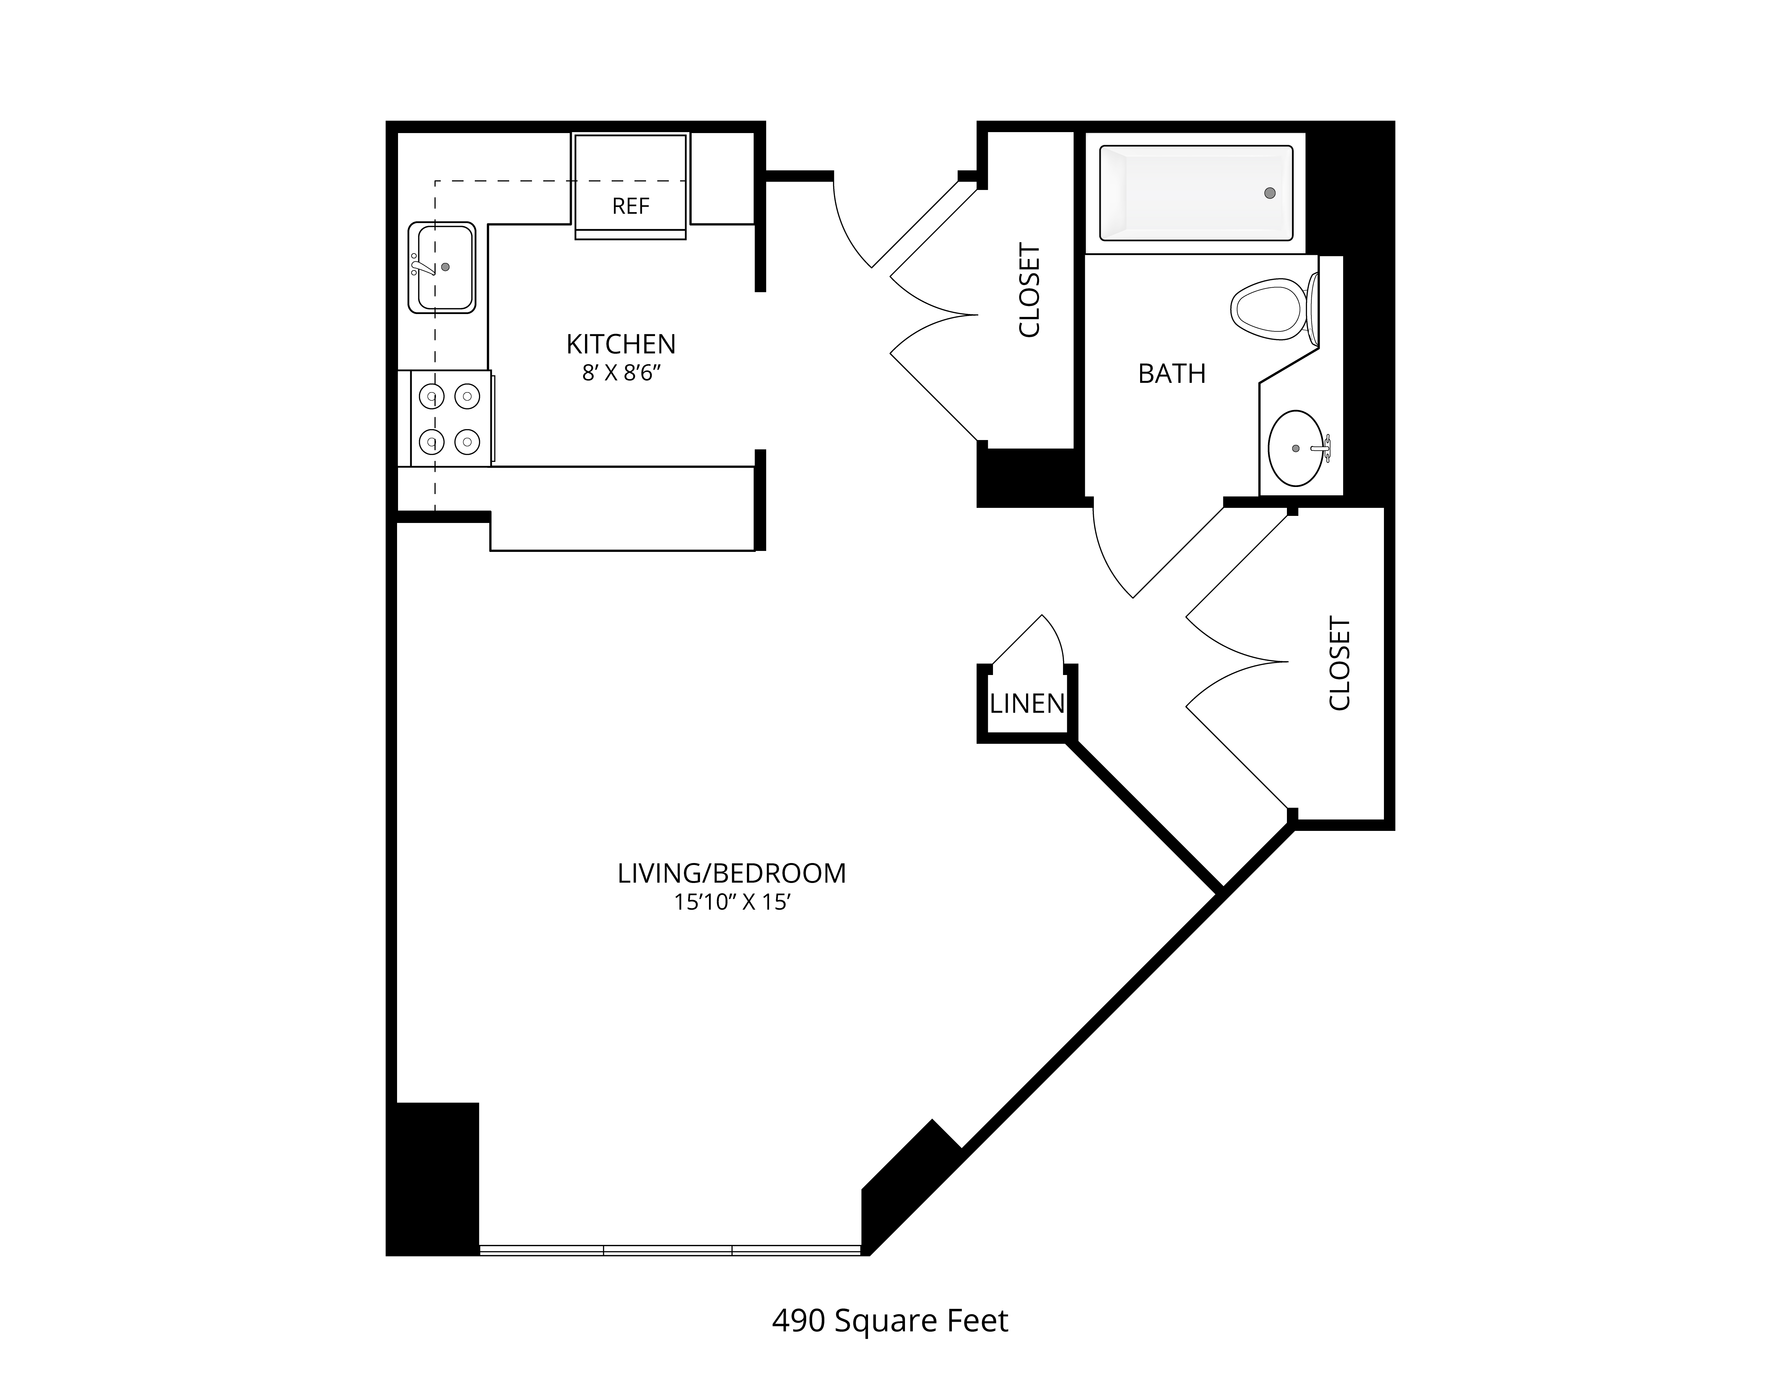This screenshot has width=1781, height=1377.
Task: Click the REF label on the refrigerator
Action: [x=630, y=206]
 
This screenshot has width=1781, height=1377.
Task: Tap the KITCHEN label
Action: [x=621, y=344]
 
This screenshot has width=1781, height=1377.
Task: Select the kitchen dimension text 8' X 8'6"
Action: [x=621, y=373]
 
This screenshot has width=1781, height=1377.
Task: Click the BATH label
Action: [x=1172, y=373]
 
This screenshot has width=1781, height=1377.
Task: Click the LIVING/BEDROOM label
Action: [x=731, y=874]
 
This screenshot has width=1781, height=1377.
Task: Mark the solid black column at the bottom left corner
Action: [x=432, y=1180]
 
